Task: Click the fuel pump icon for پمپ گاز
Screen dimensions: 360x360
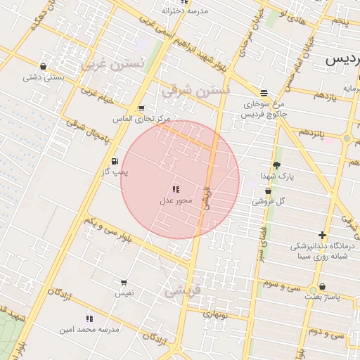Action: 115,162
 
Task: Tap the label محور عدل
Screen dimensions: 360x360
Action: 174,202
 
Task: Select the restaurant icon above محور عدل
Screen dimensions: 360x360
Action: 175,189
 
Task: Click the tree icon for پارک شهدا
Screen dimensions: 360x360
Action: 276,165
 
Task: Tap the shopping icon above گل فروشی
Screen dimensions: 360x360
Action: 268,191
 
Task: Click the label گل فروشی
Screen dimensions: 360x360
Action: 271,202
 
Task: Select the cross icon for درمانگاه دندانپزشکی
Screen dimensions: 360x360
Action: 323,235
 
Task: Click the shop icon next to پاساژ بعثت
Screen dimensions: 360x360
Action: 323,286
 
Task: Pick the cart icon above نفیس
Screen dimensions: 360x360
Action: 124,282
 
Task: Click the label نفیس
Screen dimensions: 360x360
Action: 124,293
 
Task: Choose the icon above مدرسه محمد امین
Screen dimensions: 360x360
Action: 89,319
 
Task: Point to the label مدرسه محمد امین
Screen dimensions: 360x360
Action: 89,329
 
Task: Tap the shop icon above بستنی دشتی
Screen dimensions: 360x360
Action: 44,67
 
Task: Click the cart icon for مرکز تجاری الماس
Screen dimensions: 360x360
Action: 141,108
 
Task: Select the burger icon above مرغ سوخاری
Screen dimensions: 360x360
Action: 264,92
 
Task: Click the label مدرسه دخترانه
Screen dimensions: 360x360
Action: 185,11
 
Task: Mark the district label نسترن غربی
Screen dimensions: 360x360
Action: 112,64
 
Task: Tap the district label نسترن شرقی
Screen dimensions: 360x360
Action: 196,91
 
